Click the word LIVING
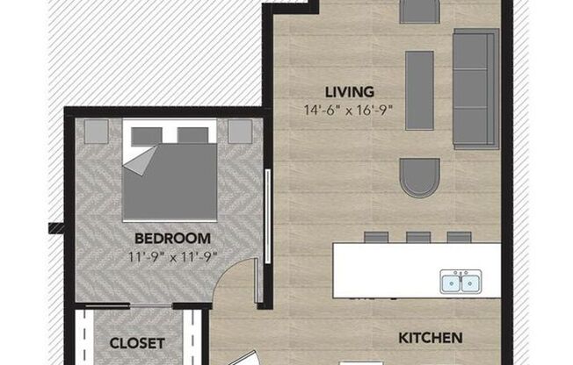coord(350,91)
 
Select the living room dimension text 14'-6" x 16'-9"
coord(350,110)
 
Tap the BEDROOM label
coord(172,238)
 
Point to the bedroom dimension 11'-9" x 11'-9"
coord(172,255)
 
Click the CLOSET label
coord(136,342)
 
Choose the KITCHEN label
coord(431,337)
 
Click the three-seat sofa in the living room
coord(475,88)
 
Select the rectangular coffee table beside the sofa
coord(419,89)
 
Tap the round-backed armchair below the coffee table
coord(419,177)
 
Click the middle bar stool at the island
coord(418,237)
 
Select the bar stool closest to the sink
coord(459,237)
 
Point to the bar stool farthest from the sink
coord(376,237)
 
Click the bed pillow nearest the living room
coord(192,135)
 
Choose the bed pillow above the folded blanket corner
coord(148,135)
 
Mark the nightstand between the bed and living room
coord(240,131)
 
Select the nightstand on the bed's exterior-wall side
coord(95,131)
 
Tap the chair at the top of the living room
coord(419,11)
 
